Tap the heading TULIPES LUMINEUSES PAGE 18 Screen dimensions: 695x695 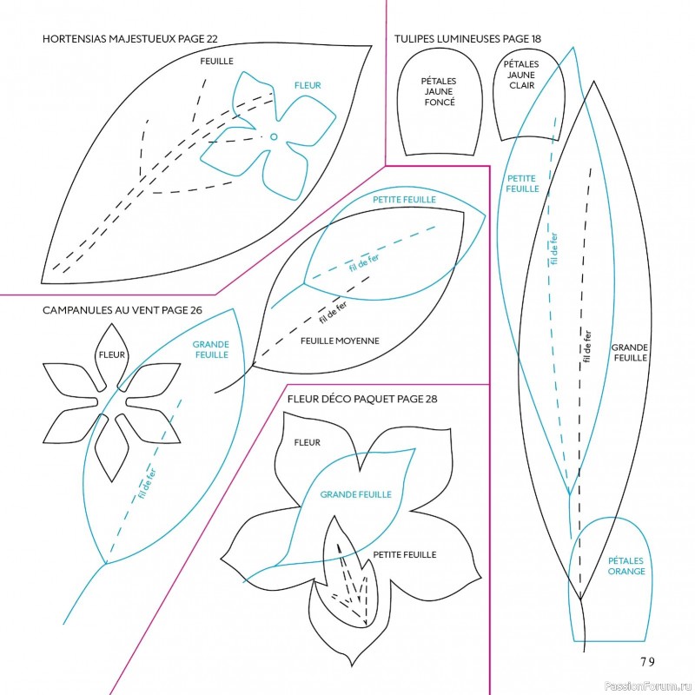tap(467, 39)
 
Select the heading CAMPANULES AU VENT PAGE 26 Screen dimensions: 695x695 tap(122, 309)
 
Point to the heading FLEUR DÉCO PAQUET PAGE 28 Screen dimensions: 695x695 tap(361, 399)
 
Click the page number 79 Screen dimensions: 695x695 tap(648, 660)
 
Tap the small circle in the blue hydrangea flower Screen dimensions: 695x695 tap(274, 136)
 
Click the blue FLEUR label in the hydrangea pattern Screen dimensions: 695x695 tap(308, 85)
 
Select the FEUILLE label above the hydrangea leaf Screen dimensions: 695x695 tap(216, 62)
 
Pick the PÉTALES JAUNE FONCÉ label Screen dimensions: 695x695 tap(439, 91)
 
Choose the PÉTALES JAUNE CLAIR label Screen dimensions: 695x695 tap(521, 74)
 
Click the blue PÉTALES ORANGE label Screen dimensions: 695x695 tap(625, 566)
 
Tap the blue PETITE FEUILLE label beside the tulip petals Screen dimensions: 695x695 tap(522, 183)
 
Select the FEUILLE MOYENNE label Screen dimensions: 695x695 tap(340, 341)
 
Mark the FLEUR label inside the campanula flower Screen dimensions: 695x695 tap(112, 354)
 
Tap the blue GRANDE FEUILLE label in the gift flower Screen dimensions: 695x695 tap(356, 494)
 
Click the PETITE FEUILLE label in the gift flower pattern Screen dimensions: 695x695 tap(404, 554)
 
